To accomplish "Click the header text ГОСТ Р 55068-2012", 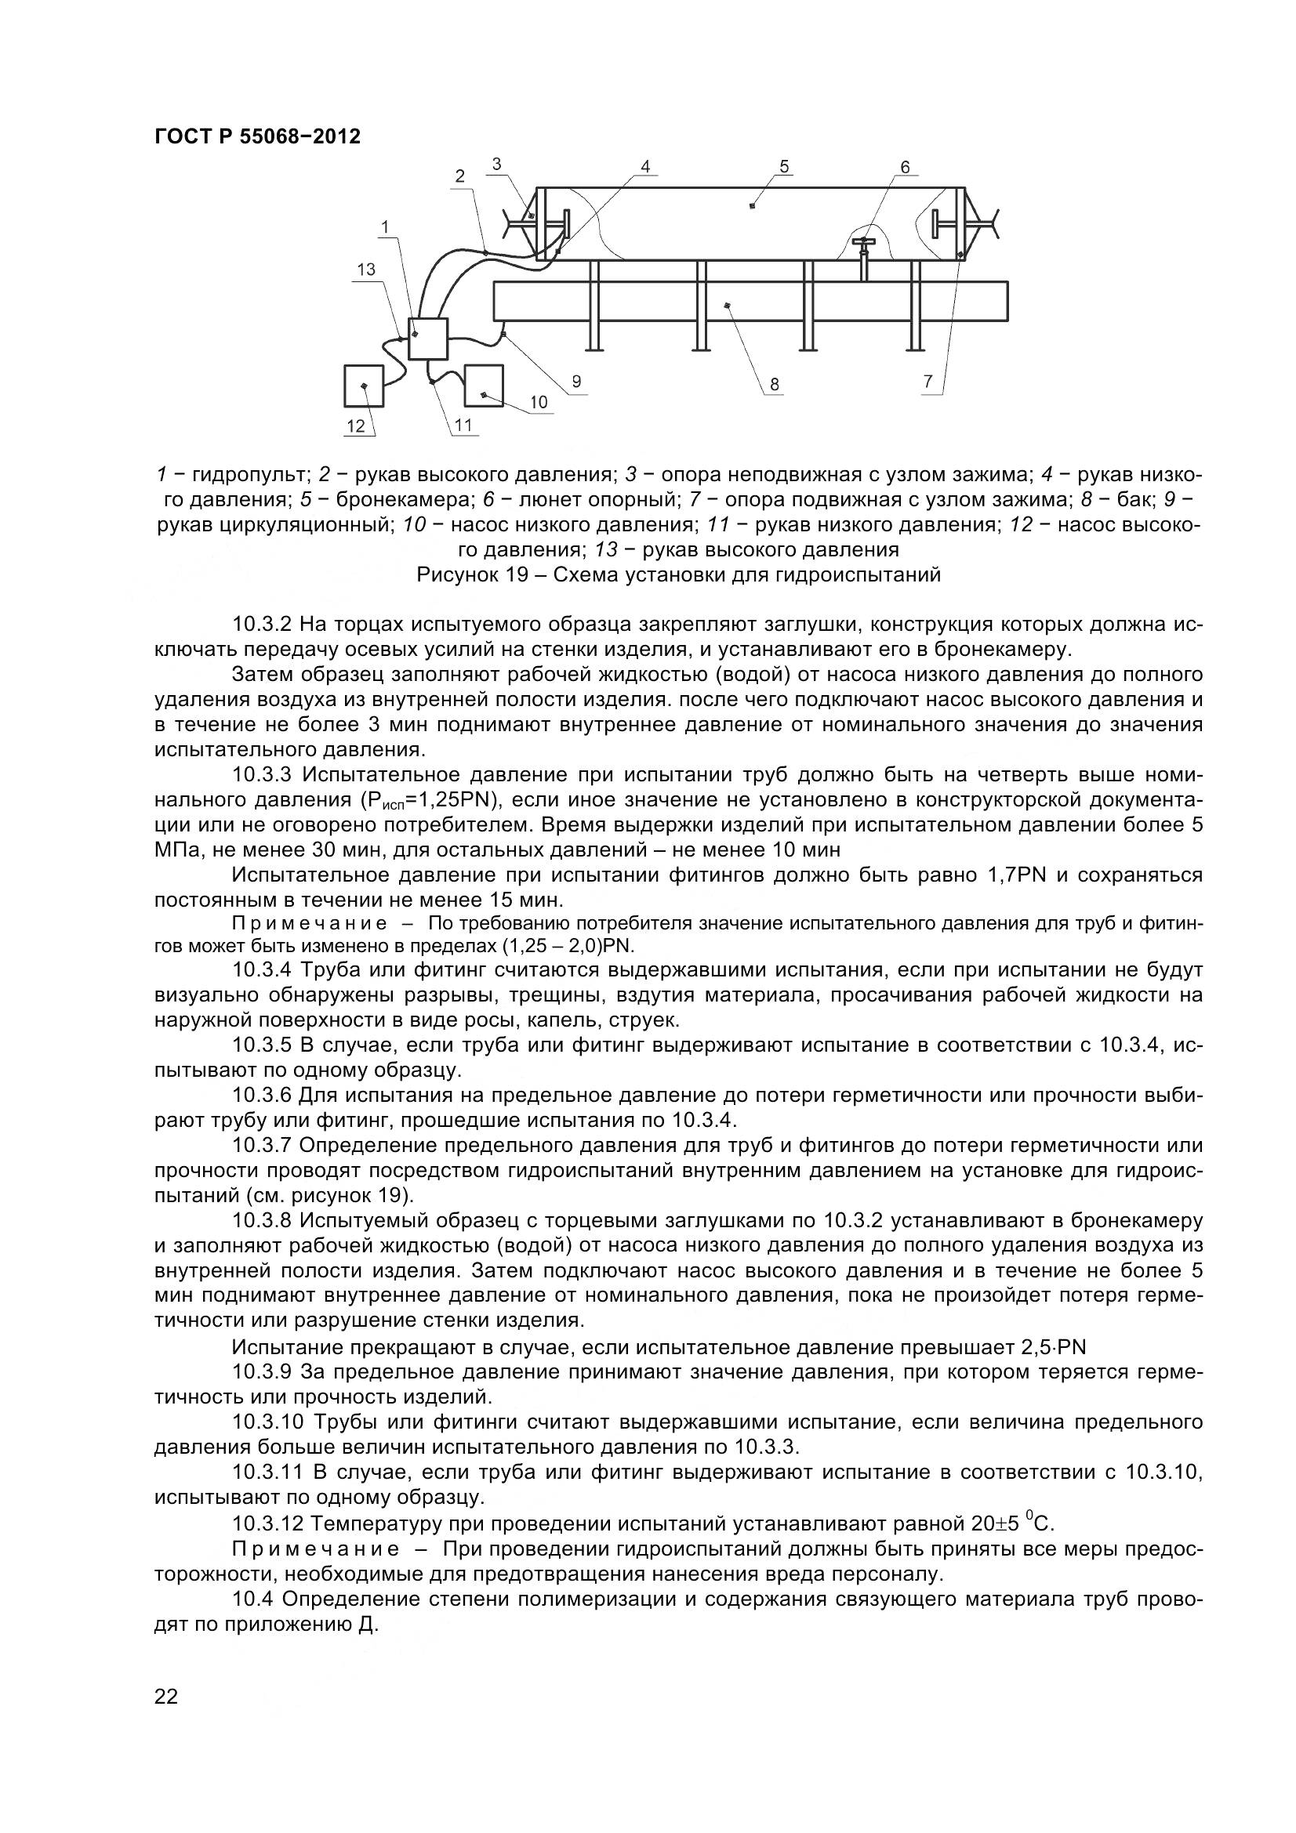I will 256,136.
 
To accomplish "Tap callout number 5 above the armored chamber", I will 784,167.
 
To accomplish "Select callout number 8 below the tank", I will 774,385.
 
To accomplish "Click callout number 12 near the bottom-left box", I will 356,426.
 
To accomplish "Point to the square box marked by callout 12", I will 363,386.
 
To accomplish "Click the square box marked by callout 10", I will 483,385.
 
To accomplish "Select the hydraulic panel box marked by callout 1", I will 428,338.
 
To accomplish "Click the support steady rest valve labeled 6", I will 863,245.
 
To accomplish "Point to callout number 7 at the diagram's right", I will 928,382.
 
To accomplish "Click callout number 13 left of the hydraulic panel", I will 365,270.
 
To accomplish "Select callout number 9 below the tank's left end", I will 575,382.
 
